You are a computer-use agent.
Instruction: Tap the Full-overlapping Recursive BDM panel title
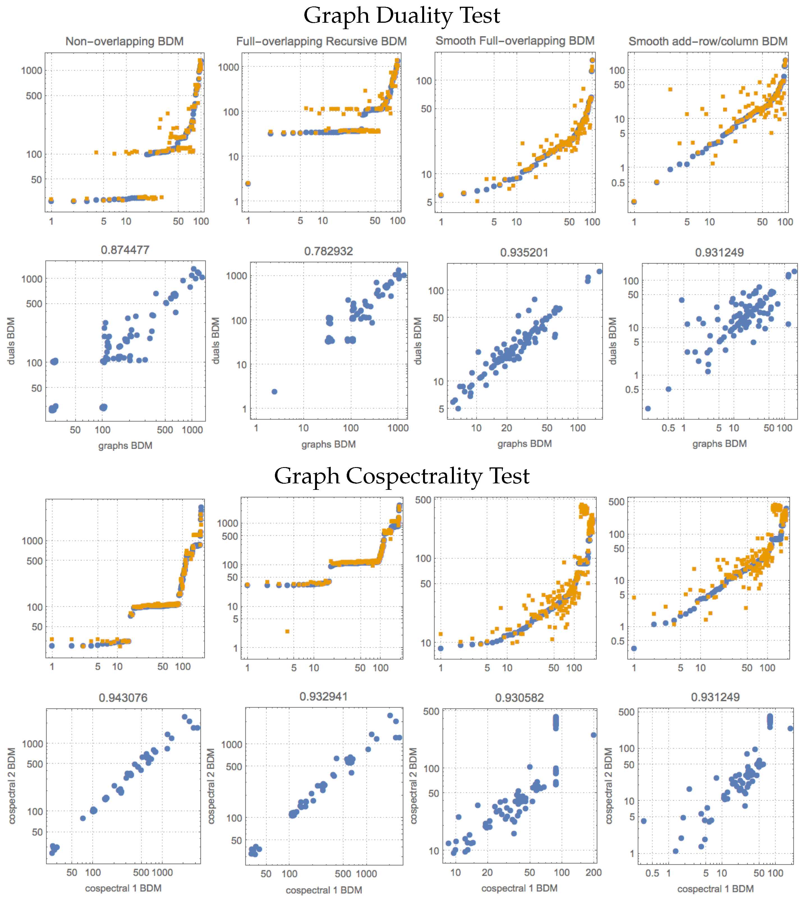[321, 42]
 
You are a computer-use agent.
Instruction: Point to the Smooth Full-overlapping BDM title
[515, 41]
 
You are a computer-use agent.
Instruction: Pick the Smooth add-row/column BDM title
[708, 42]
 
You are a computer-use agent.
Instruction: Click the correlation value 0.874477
[125, 250]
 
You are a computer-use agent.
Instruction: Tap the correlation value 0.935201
[524, 252]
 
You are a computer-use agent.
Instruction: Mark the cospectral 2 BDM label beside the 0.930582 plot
[413, 786]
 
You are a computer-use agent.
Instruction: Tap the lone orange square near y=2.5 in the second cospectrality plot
[287, 632]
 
